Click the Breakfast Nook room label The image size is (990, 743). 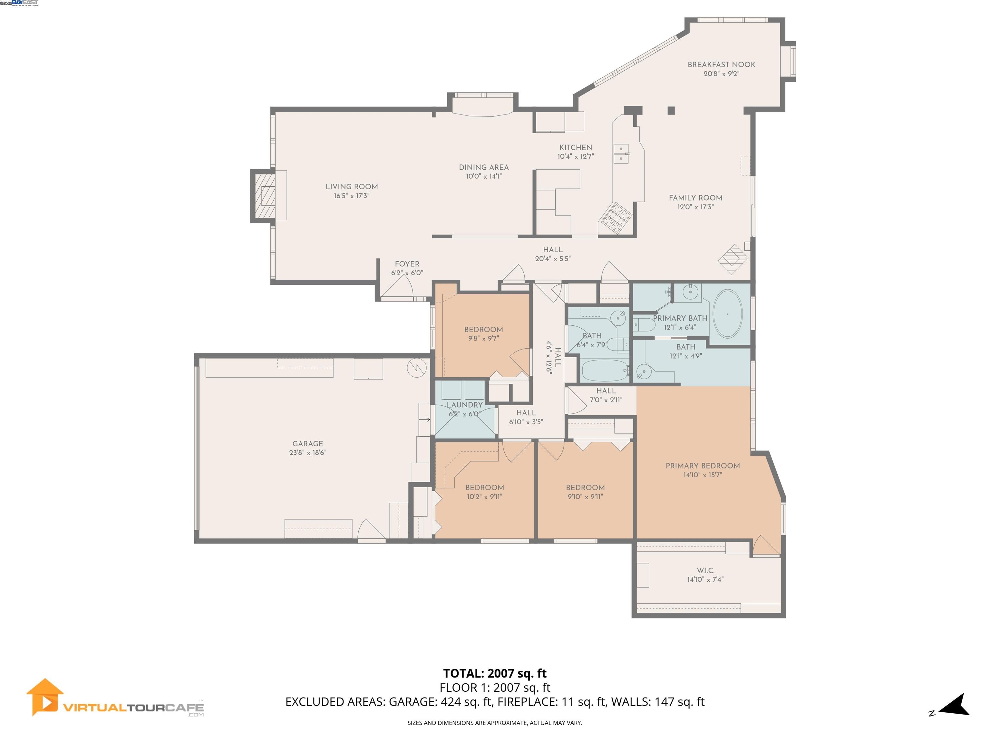(721, 64)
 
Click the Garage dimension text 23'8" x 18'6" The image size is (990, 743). (307, 452)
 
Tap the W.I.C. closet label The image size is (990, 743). (705, 570)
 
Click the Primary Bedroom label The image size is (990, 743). (702, 466)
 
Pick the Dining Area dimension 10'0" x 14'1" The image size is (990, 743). (483, 176)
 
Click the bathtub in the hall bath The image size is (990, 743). (605, 371)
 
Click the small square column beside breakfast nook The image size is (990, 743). (671, 110)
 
